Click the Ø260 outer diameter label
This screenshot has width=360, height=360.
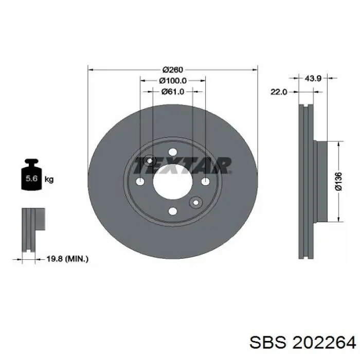[x=173, y=70]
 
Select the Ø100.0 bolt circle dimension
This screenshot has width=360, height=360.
[x=173, y=81]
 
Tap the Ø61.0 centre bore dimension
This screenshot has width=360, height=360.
[x=173, y=92]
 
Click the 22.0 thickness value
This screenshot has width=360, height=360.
[x=278, y=92]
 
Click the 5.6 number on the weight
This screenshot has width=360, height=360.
[x=31, y=179]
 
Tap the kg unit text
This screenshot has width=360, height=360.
[x=49, y=179]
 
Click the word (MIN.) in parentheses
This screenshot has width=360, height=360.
[x=76, y=259]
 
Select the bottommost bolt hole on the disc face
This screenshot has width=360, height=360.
[x=173, y=211]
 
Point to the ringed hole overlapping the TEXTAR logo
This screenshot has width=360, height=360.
[x=150, y=161]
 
